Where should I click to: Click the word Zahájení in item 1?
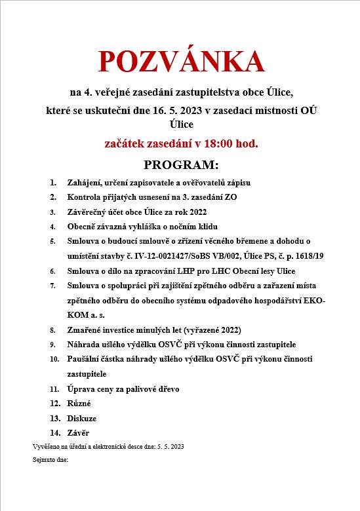pos(84,183)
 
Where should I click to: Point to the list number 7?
pos(52,286)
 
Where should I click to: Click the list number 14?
pos(54,432)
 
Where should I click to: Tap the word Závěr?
pos(78,432)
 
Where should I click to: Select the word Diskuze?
pos(82,418)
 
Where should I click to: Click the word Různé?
pos(79,403)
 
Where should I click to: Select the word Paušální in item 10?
pos(85,359)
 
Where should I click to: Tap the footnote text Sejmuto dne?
pos(50,461)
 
